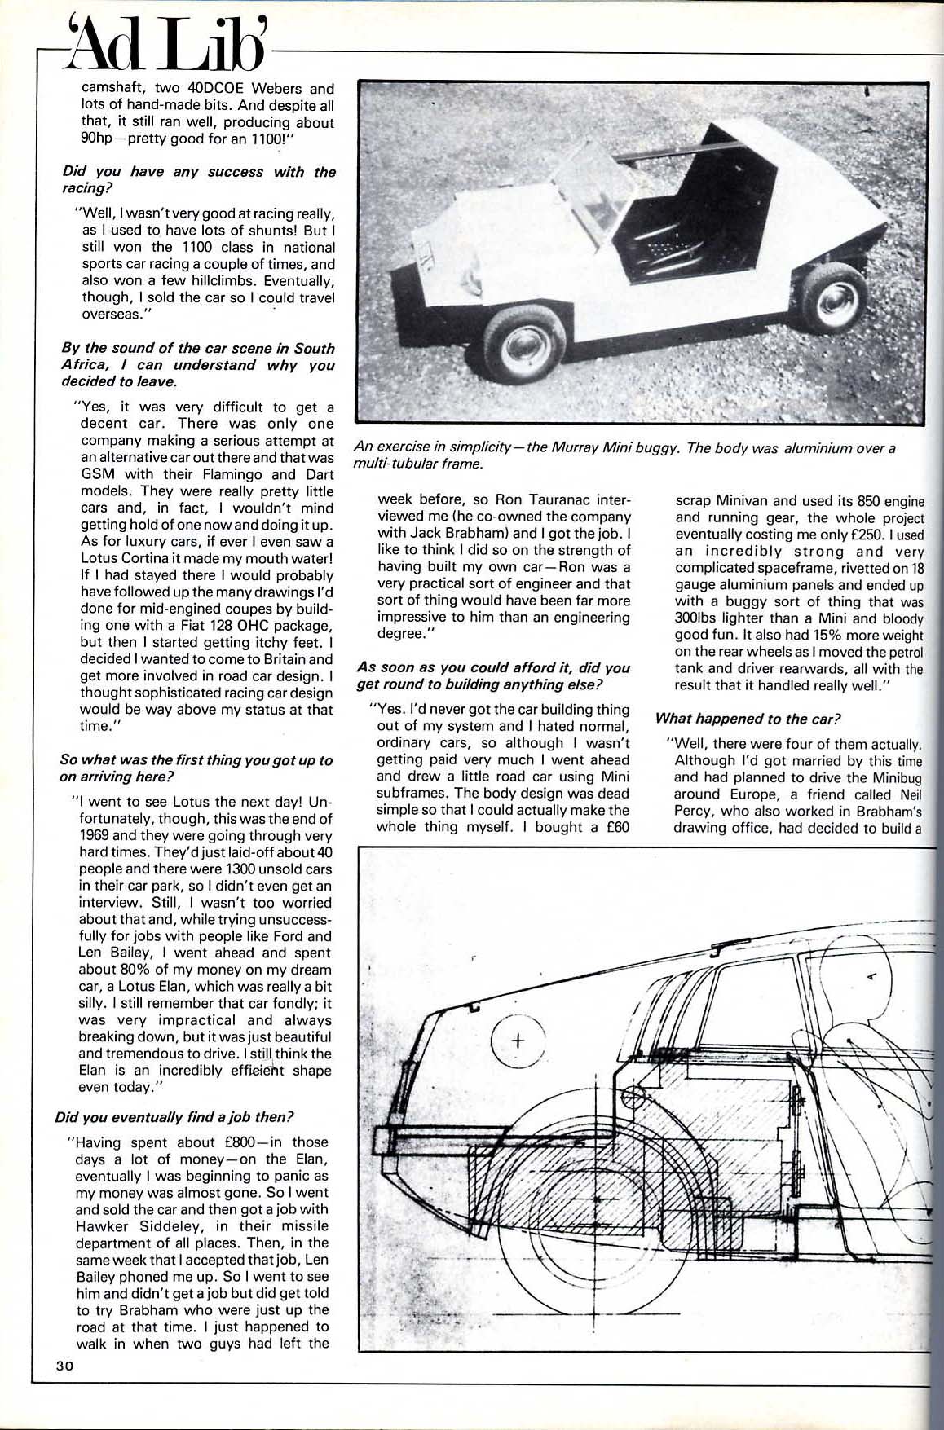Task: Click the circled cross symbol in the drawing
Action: tap(518, 1041)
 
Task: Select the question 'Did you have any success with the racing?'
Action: tap(198, 180)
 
